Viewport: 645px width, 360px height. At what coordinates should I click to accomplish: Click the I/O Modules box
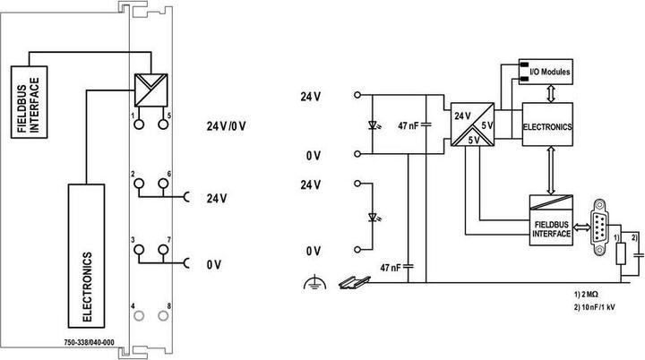click(546, 72)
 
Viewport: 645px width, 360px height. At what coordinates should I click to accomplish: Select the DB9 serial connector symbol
click(599, 227)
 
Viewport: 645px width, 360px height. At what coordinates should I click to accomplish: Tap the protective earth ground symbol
click(314, 282)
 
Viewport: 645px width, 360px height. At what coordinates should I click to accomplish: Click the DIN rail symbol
click(354, 283)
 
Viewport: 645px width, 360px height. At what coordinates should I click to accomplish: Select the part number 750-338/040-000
click(90, 343)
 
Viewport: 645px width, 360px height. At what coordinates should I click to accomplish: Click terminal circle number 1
click(140, 124)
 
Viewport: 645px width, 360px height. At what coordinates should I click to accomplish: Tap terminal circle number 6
click(163, 184)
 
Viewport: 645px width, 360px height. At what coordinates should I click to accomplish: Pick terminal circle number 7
click(163, 249)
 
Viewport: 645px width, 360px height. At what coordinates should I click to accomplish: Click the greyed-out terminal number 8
click(163, 315)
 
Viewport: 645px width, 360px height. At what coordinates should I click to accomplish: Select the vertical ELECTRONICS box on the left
click(86, 256)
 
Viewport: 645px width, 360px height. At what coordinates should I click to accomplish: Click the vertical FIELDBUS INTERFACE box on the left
click(29, 102)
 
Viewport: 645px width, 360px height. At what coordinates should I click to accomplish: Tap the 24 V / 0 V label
click(226, 126)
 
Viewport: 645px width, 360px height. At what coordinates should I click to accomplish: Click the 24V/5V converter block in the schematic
click(473, 124)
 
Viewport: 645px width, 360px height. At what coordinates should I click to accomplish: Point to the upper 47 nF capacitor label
click(408, 126)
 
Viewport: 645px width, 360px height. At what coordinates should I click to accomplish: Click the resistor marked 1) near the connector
click(621, 253)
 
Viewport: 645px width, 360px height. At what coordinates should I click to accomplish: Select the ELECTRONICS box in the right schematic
click(547, 124)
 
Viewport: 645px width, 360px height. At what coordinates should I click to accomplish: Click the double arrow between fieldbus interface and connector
click(581, 227)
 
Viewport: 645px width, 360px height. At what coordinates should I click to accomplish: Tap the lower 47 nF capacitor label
click(390, 268)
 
